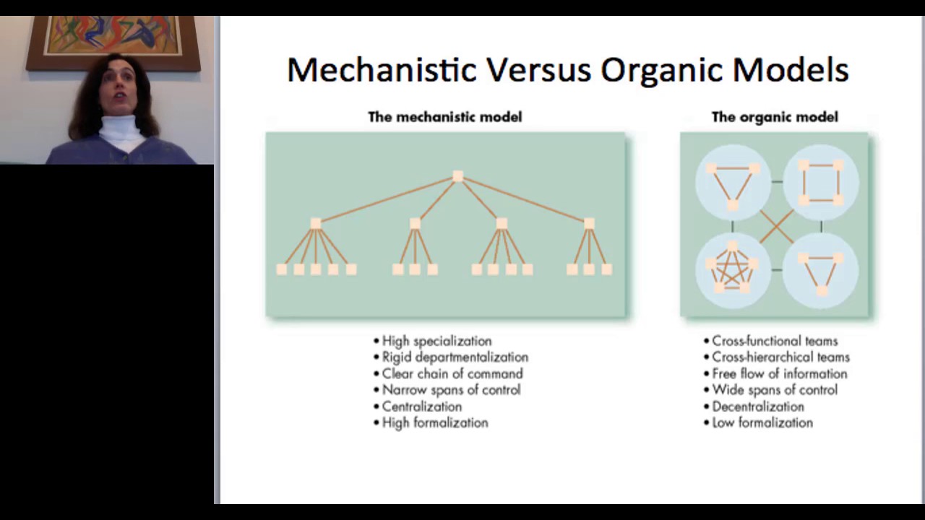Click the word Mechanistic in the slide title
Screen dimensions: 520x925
[x=382, y=70]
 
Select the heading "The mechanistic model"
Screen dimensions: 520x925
[x=444, y=117]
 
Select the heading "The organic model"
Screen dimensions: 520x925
[x=775, y=117]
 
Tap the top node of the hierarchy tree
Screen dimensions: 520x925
[x=457, y=176]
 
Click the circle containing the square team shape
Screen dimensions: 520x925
[x=821, y=182]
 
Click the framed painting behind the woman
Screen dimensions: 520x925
[x=113, y=36]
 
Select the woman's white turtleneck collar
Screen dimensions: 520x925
[x=120, y=130]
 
